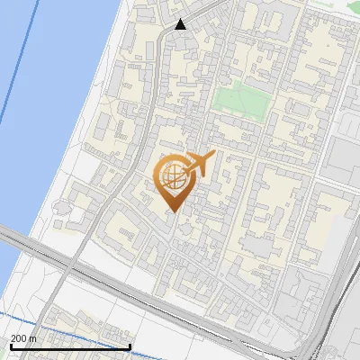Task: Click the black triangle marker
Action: [x=181, y=24]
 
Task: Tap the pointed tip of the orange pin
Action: [x=172, y=211]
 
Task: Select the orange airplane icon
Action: [x=201, y=164]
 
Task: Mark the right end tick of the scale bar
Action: [x=131, y=346]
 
